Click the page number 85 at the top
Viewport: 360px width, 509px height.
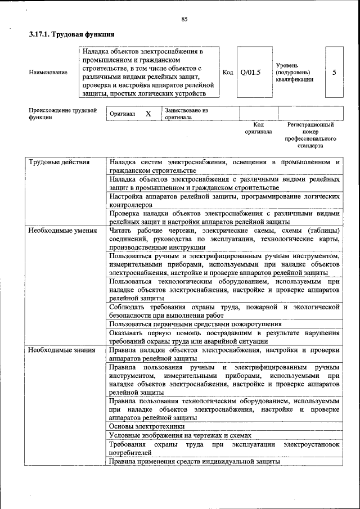click(x=184, y=20)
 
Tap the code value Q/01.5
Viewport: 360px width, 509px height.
click(x=250, y=73)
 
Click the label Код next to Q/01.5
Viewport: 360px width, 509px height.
click(x=228, y=73)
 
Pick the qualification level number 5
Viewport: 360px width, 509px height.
click(x=335, y=73)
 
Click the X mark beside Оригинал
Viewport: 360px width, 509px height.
click(x=148, y=114)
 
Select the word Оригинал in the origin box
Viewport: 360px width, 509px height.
click(x=122, y=114)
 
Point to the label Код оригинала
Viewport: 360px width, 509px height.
click(x=258, y=128)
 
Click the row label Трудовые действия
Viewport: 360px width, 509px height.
click(x=59, y=163)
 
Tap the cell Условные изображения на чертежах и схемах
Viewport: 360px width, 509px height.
click(x=179, y=435)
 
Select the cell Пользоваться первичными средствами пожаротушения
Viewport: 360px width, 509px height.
click(x=195, y=324)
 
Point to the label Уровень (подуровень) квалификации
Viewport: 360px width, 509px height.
click(x=294, y=73)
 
